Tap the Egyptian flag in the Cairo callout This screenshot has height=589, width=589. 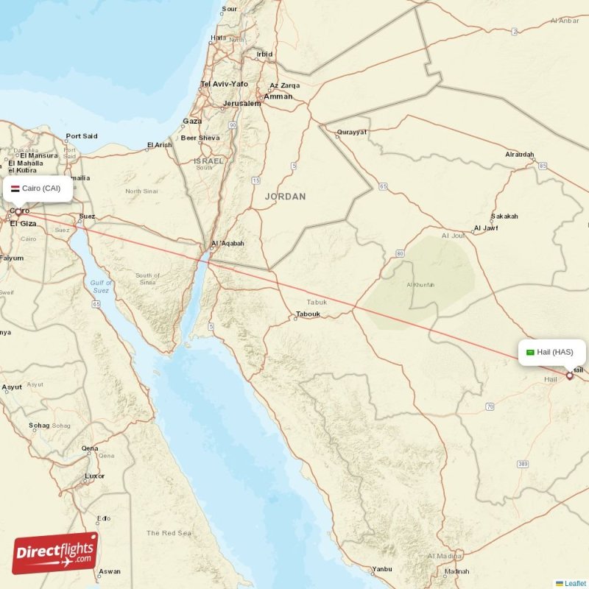(15, 188)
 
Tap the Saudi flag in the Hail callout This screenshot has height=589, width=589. (529, 352)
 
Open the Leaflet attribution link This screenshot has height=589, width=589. (575, 583)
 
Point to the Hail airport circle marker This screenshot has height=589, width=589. (569, 375)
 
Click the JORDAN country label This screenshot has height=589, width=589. (285, 197)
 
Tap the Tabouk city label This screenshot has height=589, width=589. (308, 314)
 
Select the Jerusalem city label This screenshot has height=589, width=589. (242, 104)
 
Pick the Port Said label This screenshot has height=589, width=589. (81, 136)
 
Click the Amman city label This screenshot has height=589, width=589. (278, 96)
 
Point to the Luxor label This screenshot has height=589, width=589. (95, 476)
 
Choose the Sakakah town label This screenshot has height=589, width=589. (505, 216)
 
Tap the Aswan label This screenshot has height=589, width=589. (110, 571)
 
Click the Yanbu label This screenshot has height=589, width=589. (382, 569)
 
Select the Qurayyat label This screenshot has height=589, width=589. (350, 133)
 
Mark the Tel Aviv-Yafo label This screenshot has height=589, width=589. (224, 84)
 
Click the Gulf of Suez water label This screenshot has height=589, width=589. (101, 286)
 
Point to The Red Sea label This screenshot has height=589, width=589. (169, 532)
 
